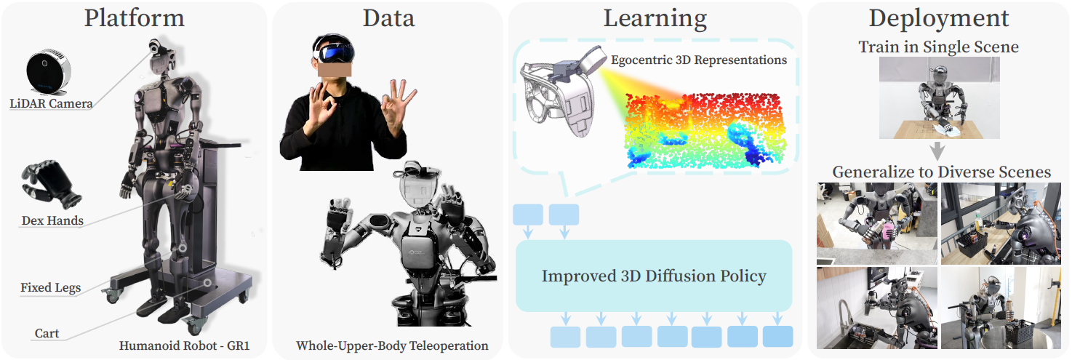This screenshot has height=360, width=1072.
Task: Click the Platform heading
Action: (135, 19)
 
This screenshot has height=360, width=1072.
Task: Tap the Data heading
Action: (388, 19)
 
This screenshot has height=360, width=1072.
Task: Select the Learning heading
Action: (655, 19)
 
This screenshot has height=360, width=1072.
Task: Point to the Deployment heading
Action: (939, 19)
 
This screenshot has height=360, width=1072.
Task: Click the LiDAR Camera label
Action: (51, 103)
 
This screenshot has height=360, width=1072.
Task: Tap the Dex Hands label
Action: (52, 220)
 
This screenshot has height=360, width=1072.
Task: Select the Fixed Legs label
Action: (51, 287)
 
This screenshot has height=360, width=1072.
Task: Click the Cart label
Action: (47, 333)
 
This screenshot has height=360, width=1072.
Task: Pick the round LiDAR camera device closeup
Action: (48, 72)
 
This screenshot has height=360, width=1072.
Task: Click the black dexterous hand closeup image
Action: (51, 185)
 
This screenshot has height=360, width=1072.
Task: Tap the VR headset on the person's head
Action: (334, 49)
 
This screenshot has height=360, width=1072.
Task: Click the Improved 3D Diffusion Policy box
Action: (654, 276)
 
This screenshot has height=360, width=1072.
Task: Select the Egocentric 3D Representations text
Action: (699, 60)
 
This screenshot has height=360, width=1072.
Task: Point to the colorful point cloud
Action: (705, 130)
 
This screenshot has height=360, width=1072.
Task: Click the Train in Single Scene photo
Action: (939, 97)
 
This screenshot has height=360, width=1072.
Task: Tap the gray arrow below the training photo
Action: (937, 151)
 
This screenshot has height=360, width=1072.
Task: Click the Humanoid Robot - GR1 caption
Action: (184, 345)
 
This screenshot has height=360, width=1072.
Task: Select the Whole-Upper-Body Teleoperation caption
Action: (392, 345)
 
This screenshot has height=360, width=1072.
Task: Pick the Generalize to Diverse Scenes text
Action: (941, 172)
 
